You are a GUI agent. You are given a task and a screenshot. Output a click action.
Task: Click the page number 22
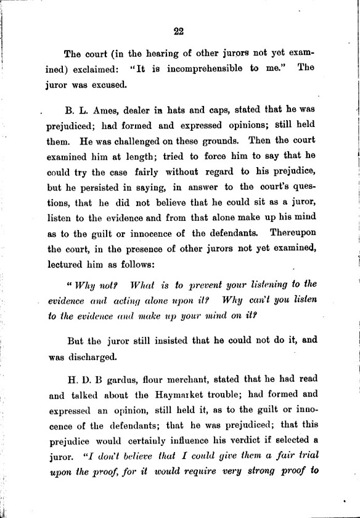click(179, 32)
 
